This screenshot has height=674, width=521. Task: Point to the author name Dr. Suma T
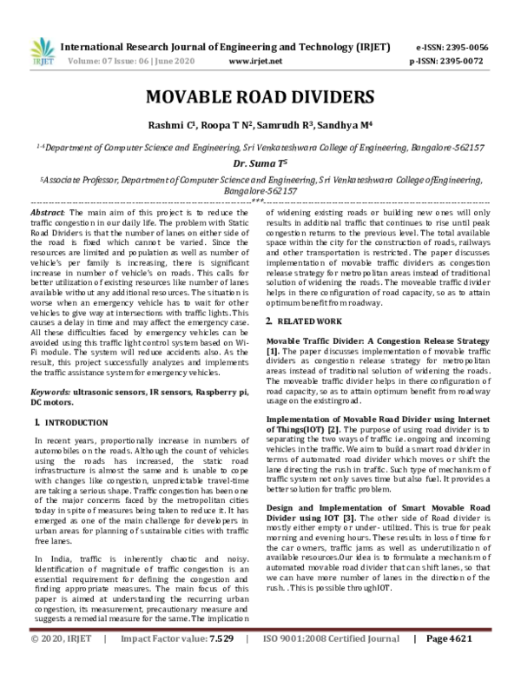coord(260,162)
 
